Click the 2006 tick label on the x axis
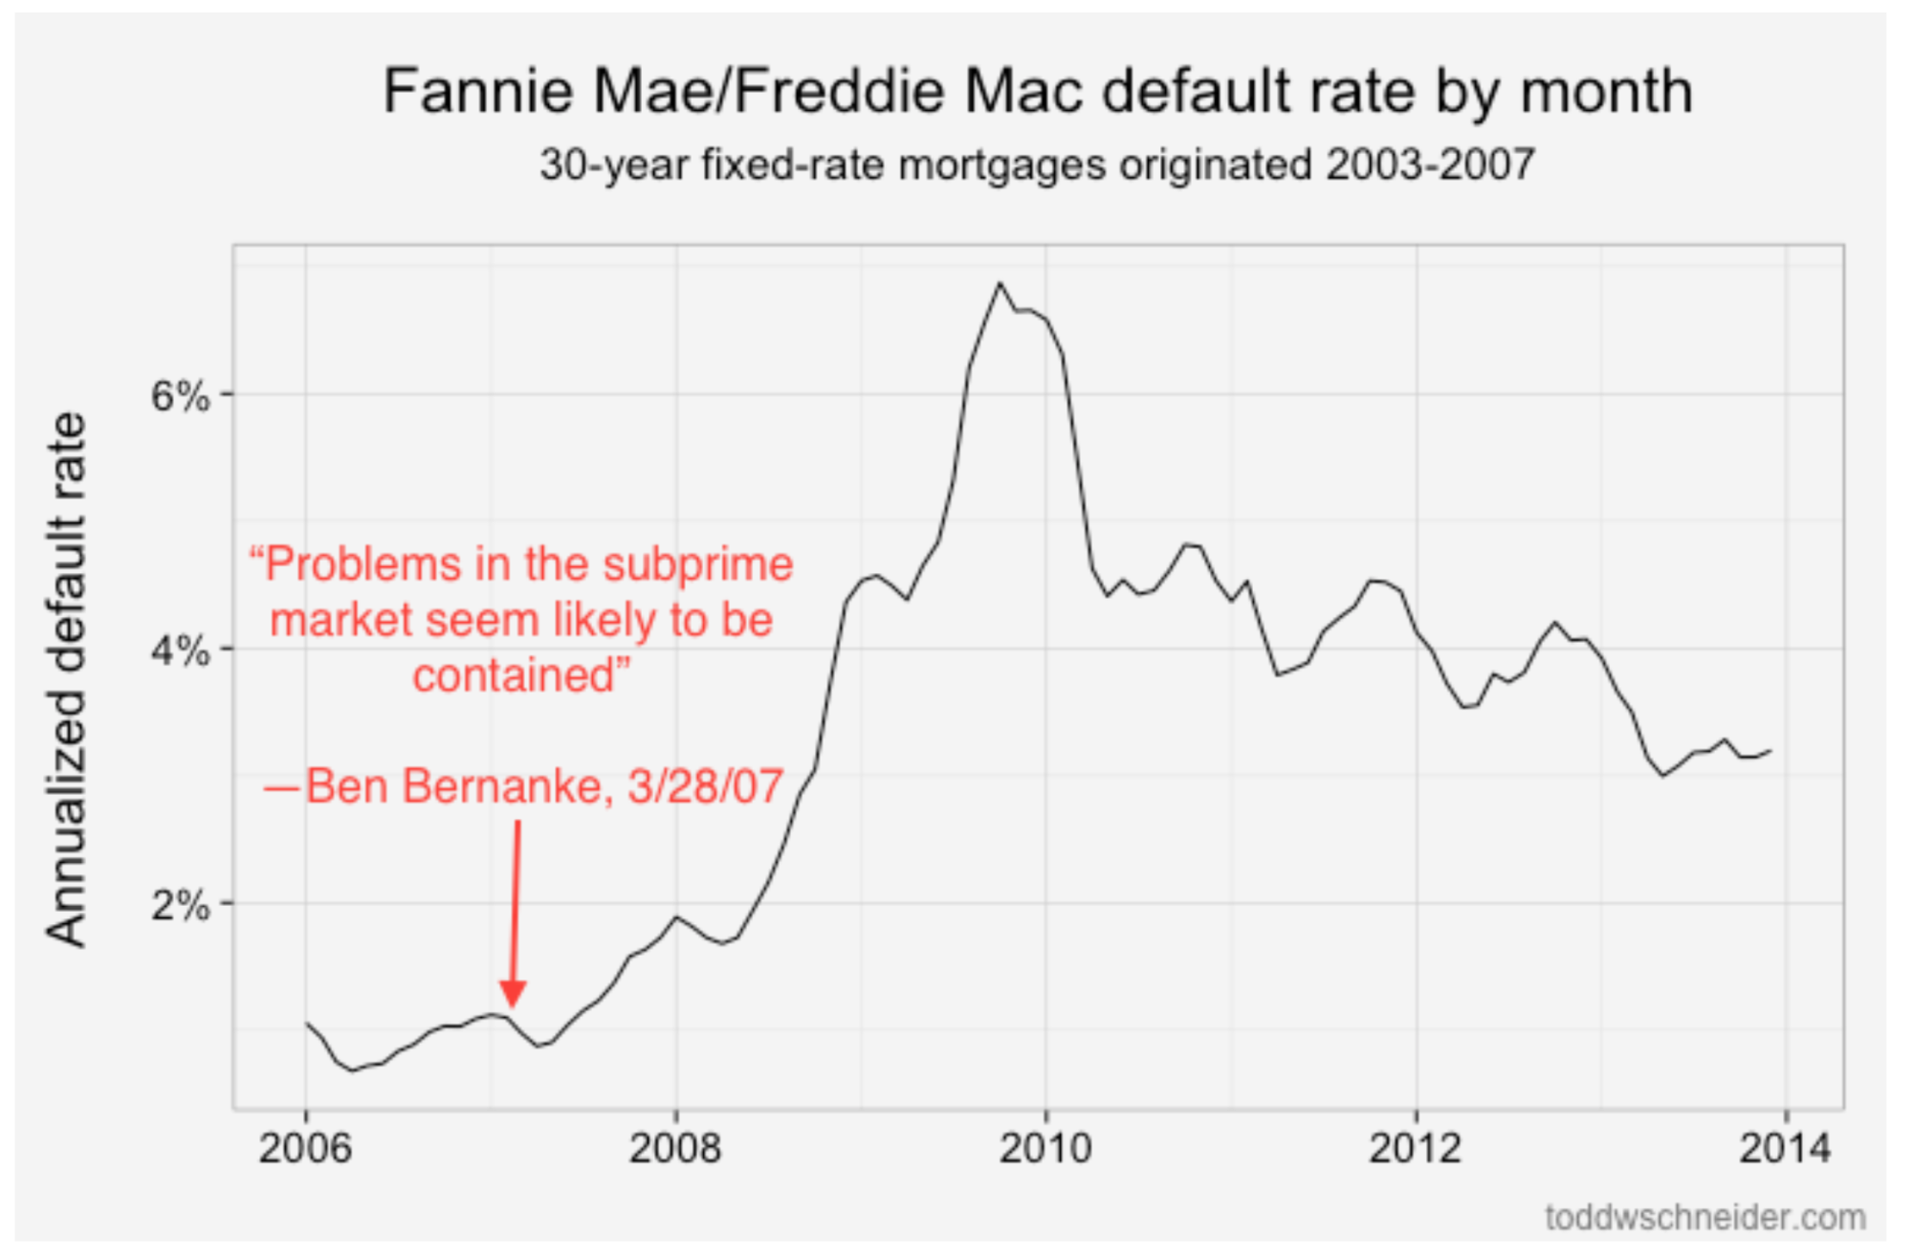305,1148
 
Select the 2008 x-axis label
675,1148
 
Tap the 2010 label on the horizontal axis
1045,1148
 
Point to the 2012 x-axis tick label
1416,1148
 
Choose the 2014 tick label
1785,1148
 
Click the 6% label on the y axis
180,395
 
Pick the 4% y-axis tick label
180,651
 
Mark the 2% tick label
180,905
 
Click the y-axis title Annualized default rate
67,679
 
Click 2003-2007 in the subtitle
1430,165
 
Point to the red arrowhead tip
514,1004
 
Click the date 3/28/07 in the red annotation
706,786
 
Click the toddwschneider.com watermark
1704,1218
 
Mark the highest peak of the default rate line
1000,283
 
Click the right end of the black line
1770,751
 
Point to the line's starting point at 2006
306,1023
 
